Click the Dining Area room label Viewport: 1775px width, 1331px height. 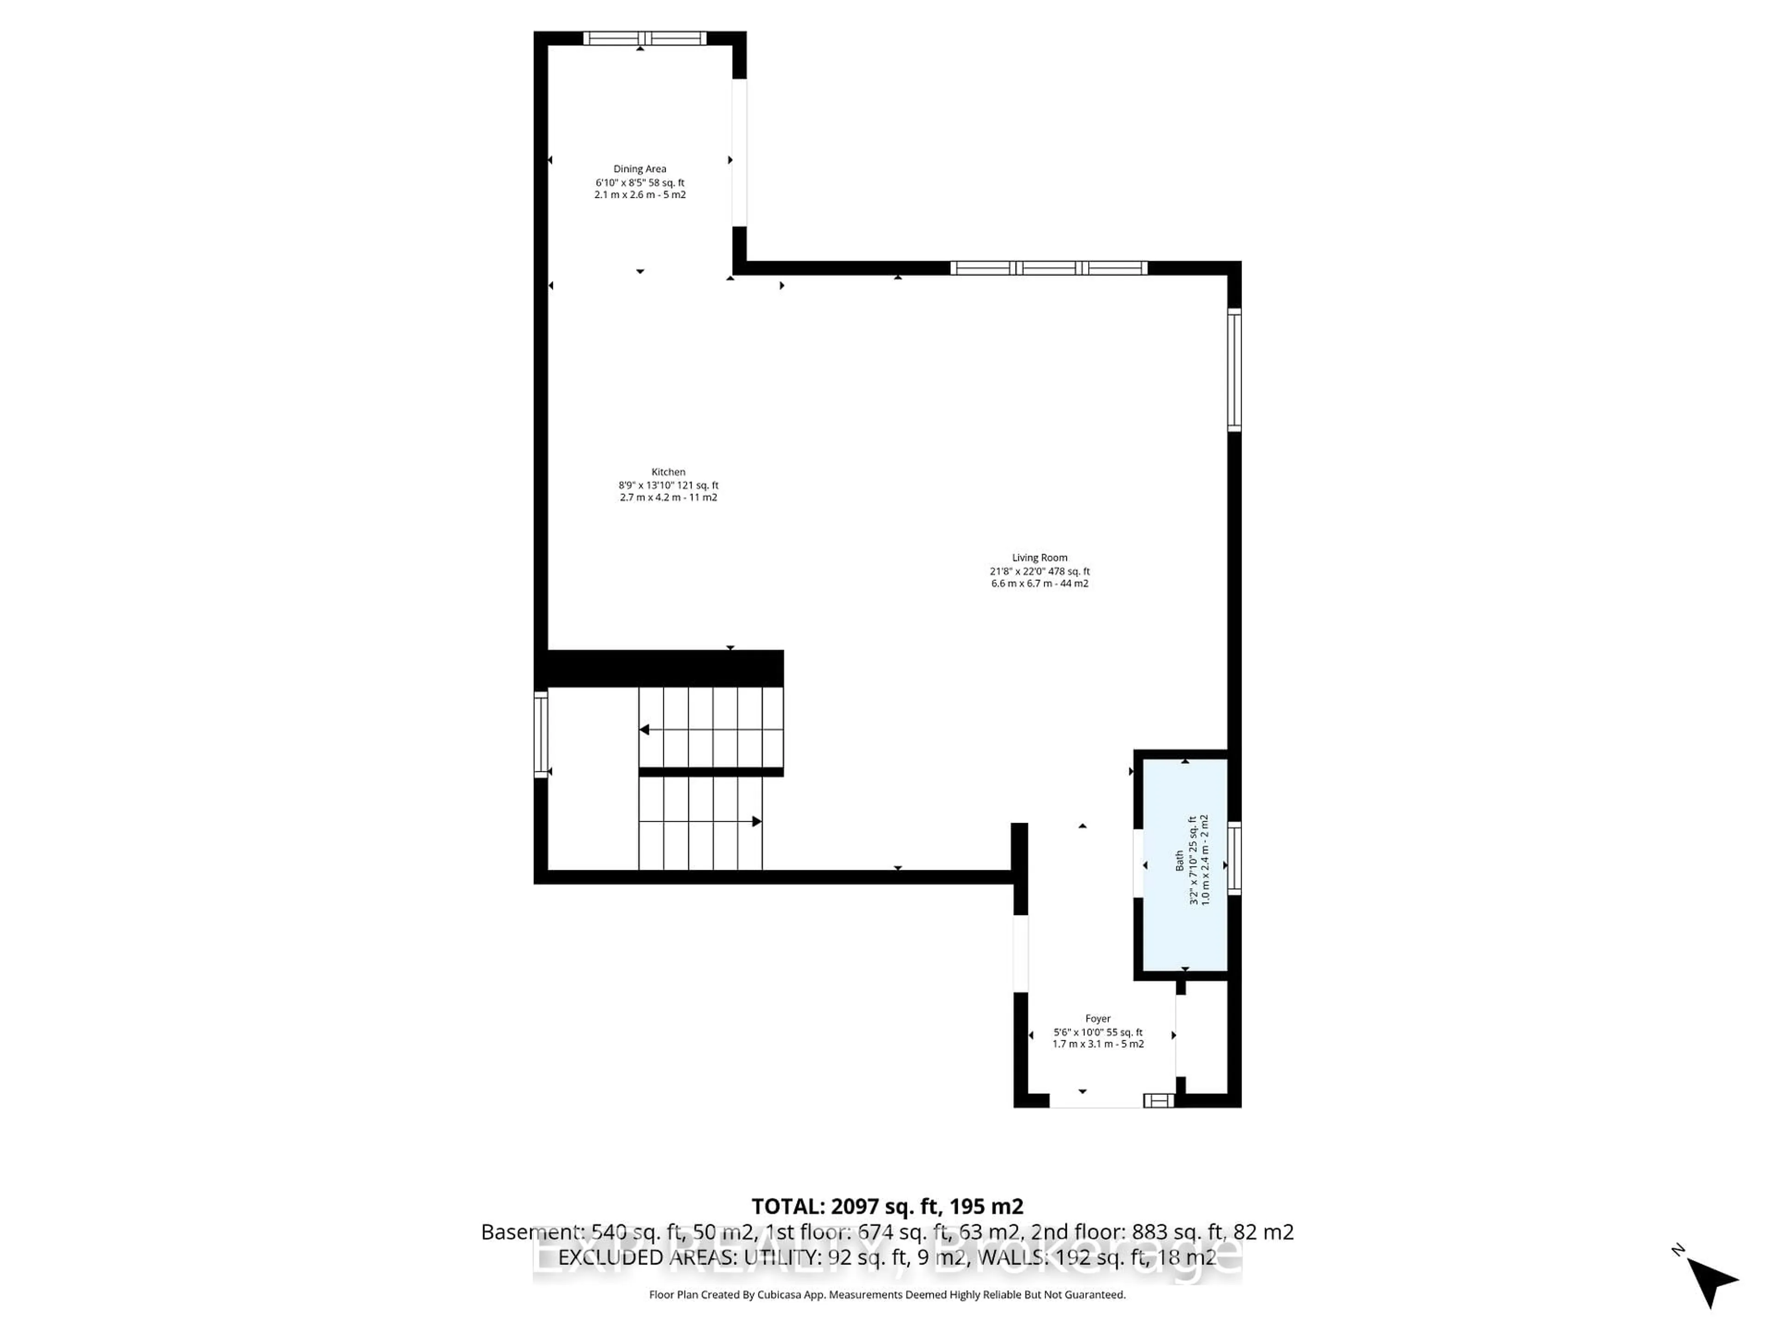(x=640, y=169)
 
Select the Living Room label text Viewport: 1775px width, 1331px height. (x=1039, y=558)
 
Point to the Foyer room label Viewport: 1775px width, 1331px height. (x=1098, y=1018)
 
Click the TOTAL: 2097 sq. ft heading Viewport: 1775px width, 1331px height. (x=887, y=1206)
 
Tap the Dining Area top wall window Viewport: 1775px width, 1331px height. (x=644, y=38)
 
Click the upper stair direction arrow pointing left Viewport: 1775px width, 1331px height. (x=644, y=729)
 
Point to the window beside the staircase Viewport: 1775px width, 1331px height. (x=541, y=734)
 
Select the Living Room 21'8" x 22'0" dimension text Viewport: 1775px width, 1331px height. (x=1039, y=571)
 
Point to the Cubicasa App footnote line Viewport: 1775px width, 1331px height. (x=887, y=1294)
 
